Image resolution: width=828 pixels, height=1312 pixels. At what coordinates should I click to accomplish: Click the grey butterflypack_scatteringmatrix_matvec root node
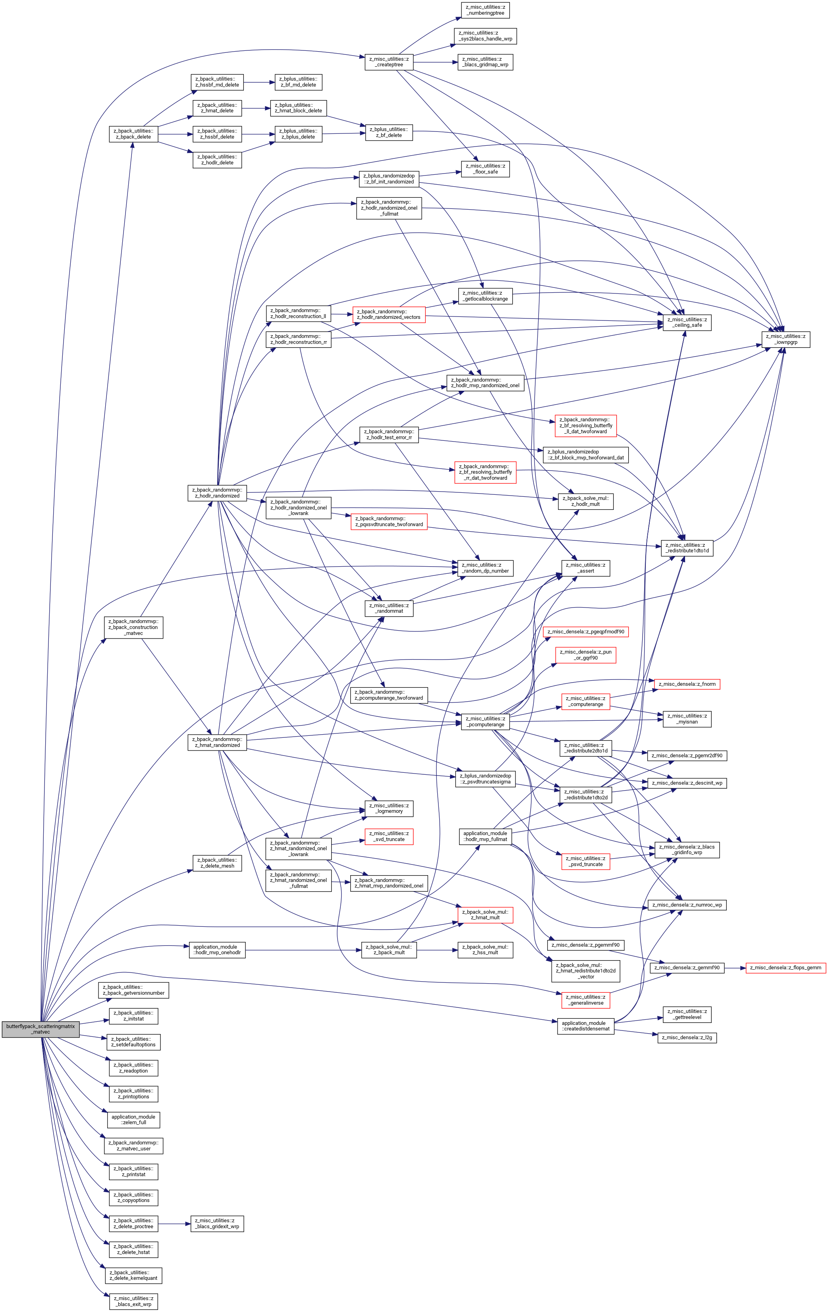(41, 1029)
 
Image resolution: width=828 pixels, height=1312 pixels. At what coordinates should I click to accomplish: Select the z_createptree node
(388, 62)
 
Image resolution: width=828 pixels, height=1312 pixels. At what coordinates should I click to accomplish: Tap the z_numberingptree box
(485, 10)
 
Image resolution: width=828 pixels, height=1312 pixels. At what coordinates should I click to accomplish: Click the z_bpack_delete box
(133, 134)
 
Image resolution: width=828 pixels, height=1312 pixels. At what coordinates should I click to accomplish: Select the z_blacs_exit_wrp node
(133, 1301)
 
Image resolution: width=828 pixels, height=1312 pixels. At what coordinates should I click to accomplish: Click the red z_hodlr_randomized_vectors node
(388, 314)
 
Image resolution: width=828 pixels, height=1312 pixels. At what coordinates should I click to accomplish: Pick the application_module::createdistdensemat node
(586, 1026)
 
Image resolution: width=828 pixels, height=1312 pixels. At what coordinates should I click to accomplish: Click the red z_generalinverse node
(586, 1000)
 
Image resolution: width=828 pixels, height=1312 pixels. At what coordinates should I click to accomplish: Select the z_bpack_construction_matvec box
(133, 627)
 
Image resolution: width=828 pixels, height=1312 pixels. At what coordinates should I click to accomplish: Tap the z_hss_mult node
(485, 950)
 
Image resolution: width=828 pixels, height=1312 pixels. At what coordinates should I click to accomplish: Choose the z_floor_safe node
(485, 169)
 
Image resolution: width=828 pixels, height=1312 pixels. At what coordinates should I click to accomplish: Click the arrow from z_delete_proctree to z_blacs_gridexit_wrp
(174, 1224)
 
